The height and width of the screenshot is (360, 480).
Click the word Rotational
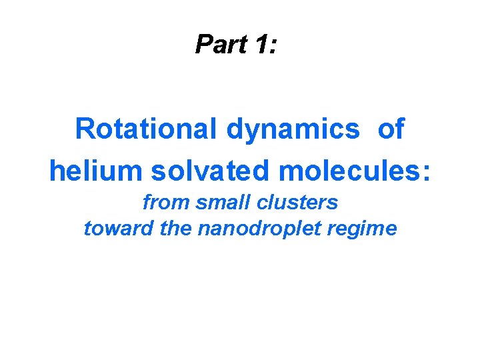point(147,129)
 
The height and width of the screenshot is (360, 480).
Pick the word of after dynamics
point(391,129)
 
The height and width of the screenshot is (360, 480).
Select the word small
point(219,201)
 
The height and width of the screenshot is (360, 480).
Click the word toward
point(119,229)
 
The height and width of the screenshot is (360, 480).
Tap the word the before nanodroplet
point(175,229)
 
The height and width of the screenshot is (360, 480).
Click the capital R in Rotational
point(85,129)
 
